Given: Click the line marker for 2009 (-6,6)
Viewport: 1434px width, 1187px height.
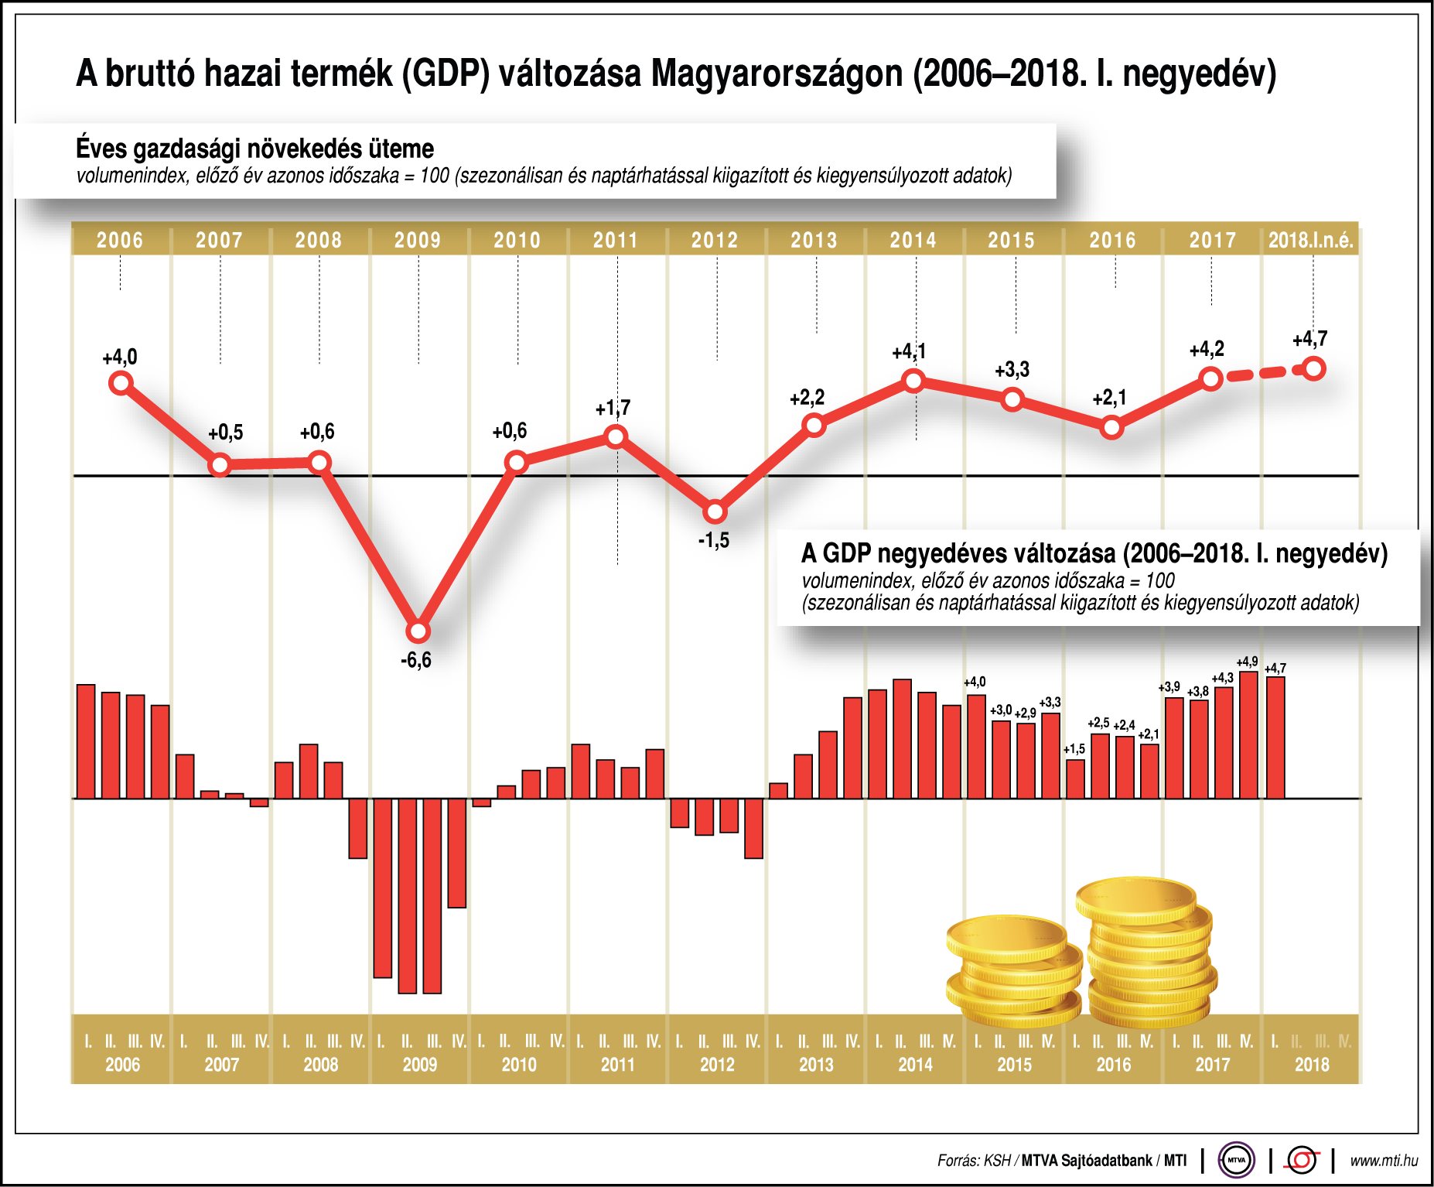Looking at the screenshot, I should pyautogui.click(x=418, y=631).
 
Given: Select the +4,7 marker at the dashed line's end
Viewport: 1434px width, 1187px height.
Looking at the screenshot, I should pyautogui.click(x=1313, y=368).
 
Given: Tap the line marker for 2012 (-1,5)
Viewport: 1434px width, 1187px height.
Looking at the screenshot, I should pyautogui.click(x=715, y=511).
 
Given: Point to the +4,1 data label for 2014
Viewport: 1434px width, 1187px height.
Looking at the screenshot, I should pyautogui.click(x=909, y=352).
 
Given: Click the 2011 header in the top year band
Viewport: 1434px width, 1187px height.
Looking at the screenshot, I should pyautogui.click(x=616, y=240).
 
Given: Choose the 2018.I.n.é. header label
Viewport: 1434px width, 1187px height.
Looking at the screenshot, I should pyautogui.click(x=1311, y=240).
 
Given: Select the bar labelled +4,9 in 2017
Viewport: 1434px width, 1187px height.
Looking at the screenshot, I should pyautogui.click(x=1248, y=735).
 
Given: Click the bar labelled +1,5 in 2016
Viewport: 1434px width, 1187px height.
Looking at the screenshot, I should pyautogui.click(x=1075, y=778).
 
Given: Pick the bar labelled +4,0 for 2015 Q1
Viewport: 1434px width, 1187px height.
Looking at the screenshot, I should pyautogui.click(x=976, y=747).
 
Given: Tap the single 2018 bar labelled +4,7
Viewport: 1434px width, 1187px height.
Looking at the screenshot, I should pyautogui.click(x=1275, y=737).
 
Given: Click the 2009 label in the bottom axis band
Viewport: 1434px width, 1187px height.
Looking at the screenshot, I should pyautogui.click(x=419, y=1065).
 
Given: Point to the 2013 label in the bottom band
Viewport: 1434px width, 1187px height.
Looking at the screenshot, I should pyautogui.click(x=816, y=1065).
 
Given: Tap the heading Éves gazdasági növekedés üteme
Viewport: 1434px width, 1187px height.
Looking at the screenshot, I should pyautogui.click(x=254, y=148).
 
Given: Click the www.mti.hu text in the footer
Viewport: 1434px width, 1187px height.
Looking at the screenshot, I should pyautogui.click(x=1384, y=1161).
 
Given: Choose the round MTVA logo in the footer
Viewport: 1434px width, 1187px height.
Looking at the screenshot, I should pyautogui.click(x=1236, y=1160).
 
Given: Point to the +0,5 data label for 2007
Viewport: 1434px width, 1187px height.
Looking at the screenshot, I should pyautogui.click(x=225, y=433).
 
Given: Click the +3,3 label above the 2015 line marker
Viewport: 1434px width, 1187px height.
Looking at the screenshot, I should pyautogui.click(x=1012, y=370).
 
